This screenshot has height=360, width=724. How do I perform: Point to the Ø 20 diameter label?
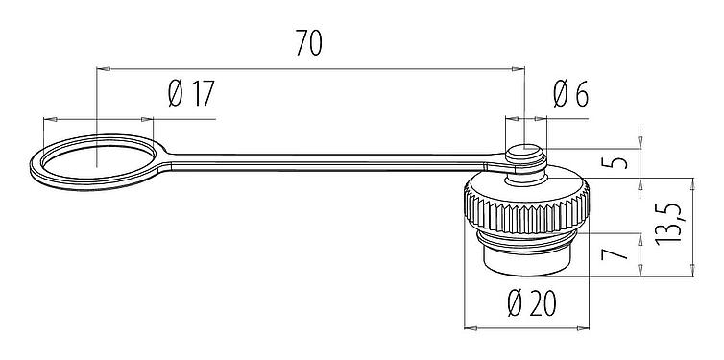530,305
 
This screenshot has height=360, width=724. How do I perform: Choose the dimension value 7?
619,255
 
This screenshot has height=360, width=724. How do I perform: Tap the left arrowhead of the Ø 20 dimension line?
470,326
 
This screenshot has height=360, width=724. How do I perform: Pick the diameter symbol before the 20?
515,305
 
